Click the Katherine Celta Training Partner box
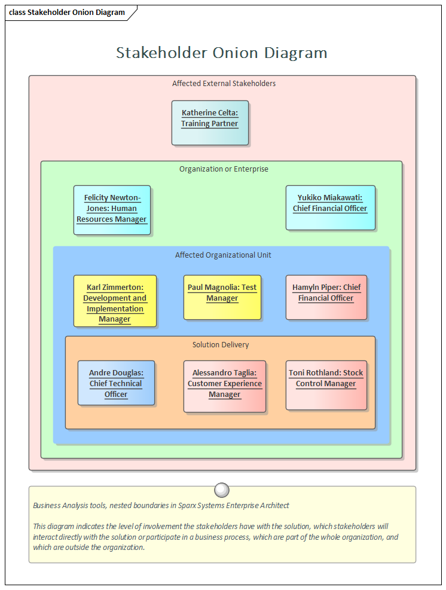(210, 123)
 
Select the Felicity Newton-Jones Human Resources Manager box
(112, 210)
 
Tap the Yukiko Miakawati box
(330, 207)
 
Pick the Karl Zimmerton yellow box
(115, 301)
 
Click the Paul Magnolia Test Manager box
(222, 297)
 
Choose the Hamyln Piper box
(326, 297)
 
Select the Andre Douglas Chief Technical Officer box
(116, 383)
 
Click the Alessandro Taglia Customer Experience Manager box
(224, 386)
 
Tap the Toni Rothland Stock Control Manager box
(326, 385)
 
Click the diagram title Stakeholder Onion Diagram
(222, 53)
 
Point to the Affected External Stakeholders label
(224, 84)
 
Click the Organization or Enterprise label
(224, 169)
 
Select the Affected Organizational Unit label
(223, 255)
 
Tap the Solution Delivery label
(221, 345)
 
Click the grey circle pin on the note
(222, 490)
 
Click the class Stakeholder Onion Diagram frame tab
(68, 13)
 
